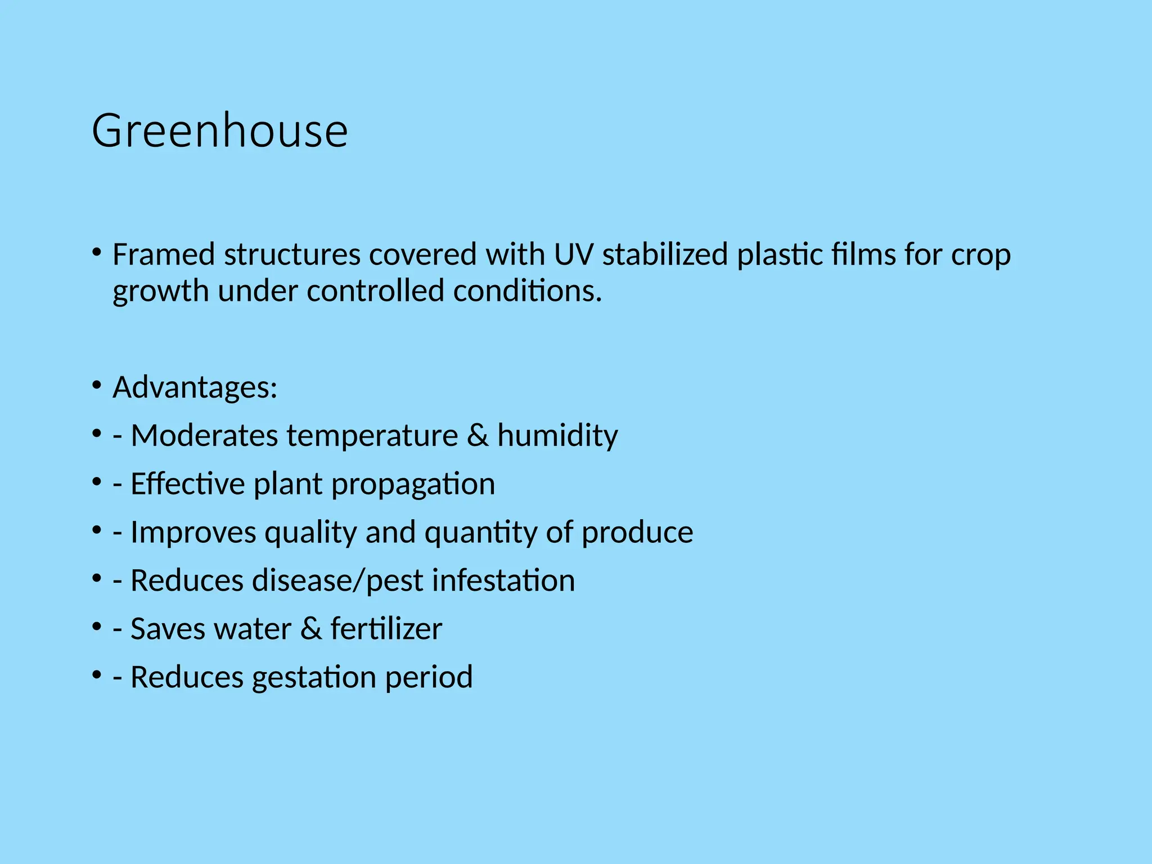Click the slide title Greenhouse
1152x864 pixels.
tap(219, 131)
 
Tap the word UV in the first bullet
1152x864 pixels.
tap(573, 255)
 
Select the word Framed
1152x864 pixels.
tap(164, 255)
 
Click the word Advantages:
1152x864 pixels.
tap(195, 388)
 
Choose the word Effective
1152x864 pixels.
tap(187, 484)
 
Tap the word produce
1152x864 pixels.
tap(637, 532)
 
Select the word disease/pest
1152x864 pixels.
tap(276, 581)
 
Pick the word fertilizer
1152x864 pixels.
tap(386, 629)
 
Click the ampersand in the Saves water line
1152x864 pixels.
tap(310, 629)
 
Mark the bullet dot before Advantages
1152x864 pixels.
tap(97, 385)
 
